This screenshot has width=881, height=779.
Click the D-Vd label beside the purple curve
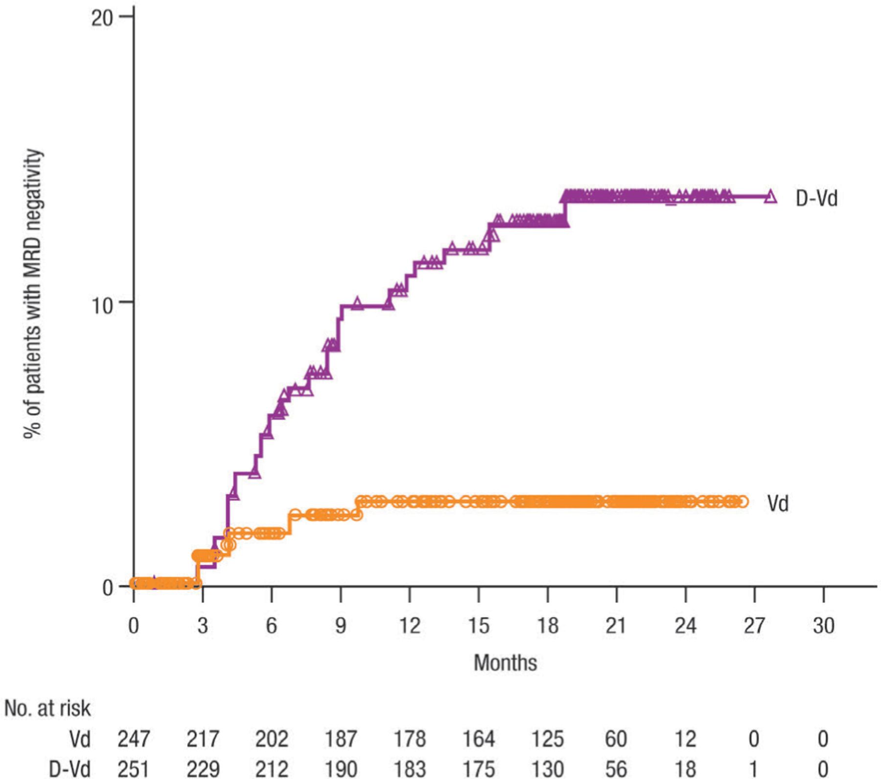[x=816, y=198]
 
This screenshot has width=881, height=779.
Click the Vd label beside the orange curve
[x=778, y=503]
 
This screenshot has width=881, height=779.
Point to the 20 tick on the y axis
[x=102, y=18]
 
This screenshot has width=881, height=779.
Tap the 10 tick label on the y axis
[x=102, y=305]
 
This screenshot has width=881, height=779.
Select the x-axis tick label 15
[x=478, y=626]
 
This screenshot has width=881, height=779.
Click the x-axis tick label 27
[x=754, y=626]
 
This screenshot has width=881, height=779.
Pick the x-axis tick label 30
[x=823, y=626]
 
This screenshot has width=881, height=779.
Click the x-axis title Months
[x=505, y=663]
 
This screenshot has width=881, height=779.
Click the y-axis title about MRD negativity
[x=33, y=294]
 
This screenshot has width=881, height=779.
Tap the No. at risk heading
[x=47, y=709]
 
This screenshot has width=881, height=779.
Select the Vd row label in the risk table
[x=79, y=739]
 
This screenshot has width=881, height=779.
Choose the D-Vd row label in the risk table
[x=70, y=769]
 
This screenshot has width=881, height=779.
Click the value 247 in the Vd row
[x=134, y=739]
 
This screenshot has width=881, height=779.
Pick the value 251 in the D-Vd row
[x=134, y=769]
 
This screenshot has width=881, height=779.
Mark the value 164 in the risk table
[x=478, y=739]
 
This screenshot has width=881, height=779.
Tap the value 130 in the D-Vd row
[x=547, y=769]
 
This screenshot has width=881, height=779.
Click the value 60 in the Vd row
[x=616, y=739]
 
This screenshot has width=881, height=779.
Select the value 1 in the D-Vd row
[x=754, y=769]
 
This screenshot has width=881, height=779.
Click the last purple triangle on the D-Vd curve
[x=770, y=197]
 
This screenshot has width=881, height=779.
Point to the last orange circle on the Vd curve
[x=743, y=502]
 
